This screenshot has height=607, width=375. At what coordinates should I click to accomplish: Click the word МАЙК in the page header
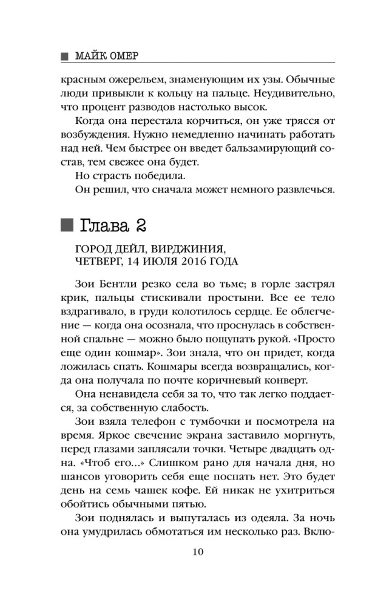pos(92,56)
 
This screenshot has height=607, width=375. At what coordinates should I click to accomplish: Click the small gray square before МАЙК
pos(64,56)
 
